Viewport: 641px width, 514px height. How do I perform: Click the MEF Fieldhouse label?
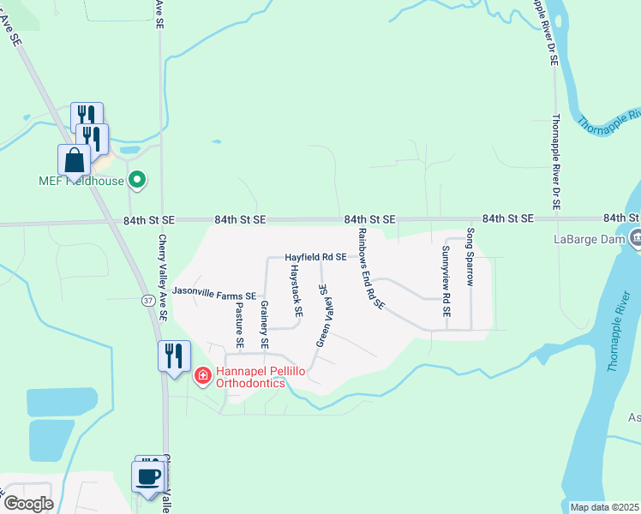coord(81,181)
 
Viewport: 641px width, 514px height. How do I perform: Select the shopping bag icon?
coord(75,160)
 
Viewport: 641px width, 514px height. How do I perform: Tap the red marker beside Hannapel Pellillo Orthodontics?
coord(202,375)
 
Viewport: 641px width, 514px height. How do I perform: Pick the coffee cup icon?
coord(148,475)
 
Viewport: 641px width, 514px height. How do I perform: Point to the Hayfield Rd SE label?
coord(315,257)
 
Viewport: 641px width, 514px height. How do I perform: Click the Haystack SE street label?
coord(296,290)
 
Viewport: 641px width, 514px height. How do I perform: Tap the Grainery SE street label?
coord(265,326)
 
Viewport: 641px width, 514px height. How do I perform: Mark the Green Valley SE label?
coord(325,315)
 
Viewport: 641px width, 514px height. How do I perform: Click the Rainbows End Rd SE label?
coord(371,268)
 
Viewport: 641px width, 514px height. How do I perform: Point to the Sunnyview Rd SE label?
coord(446,282)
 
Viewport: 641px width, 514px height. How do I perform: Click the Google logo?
coord(28,504)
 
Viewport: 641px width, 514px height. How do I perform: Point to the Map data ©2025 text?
coord(604,507)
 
